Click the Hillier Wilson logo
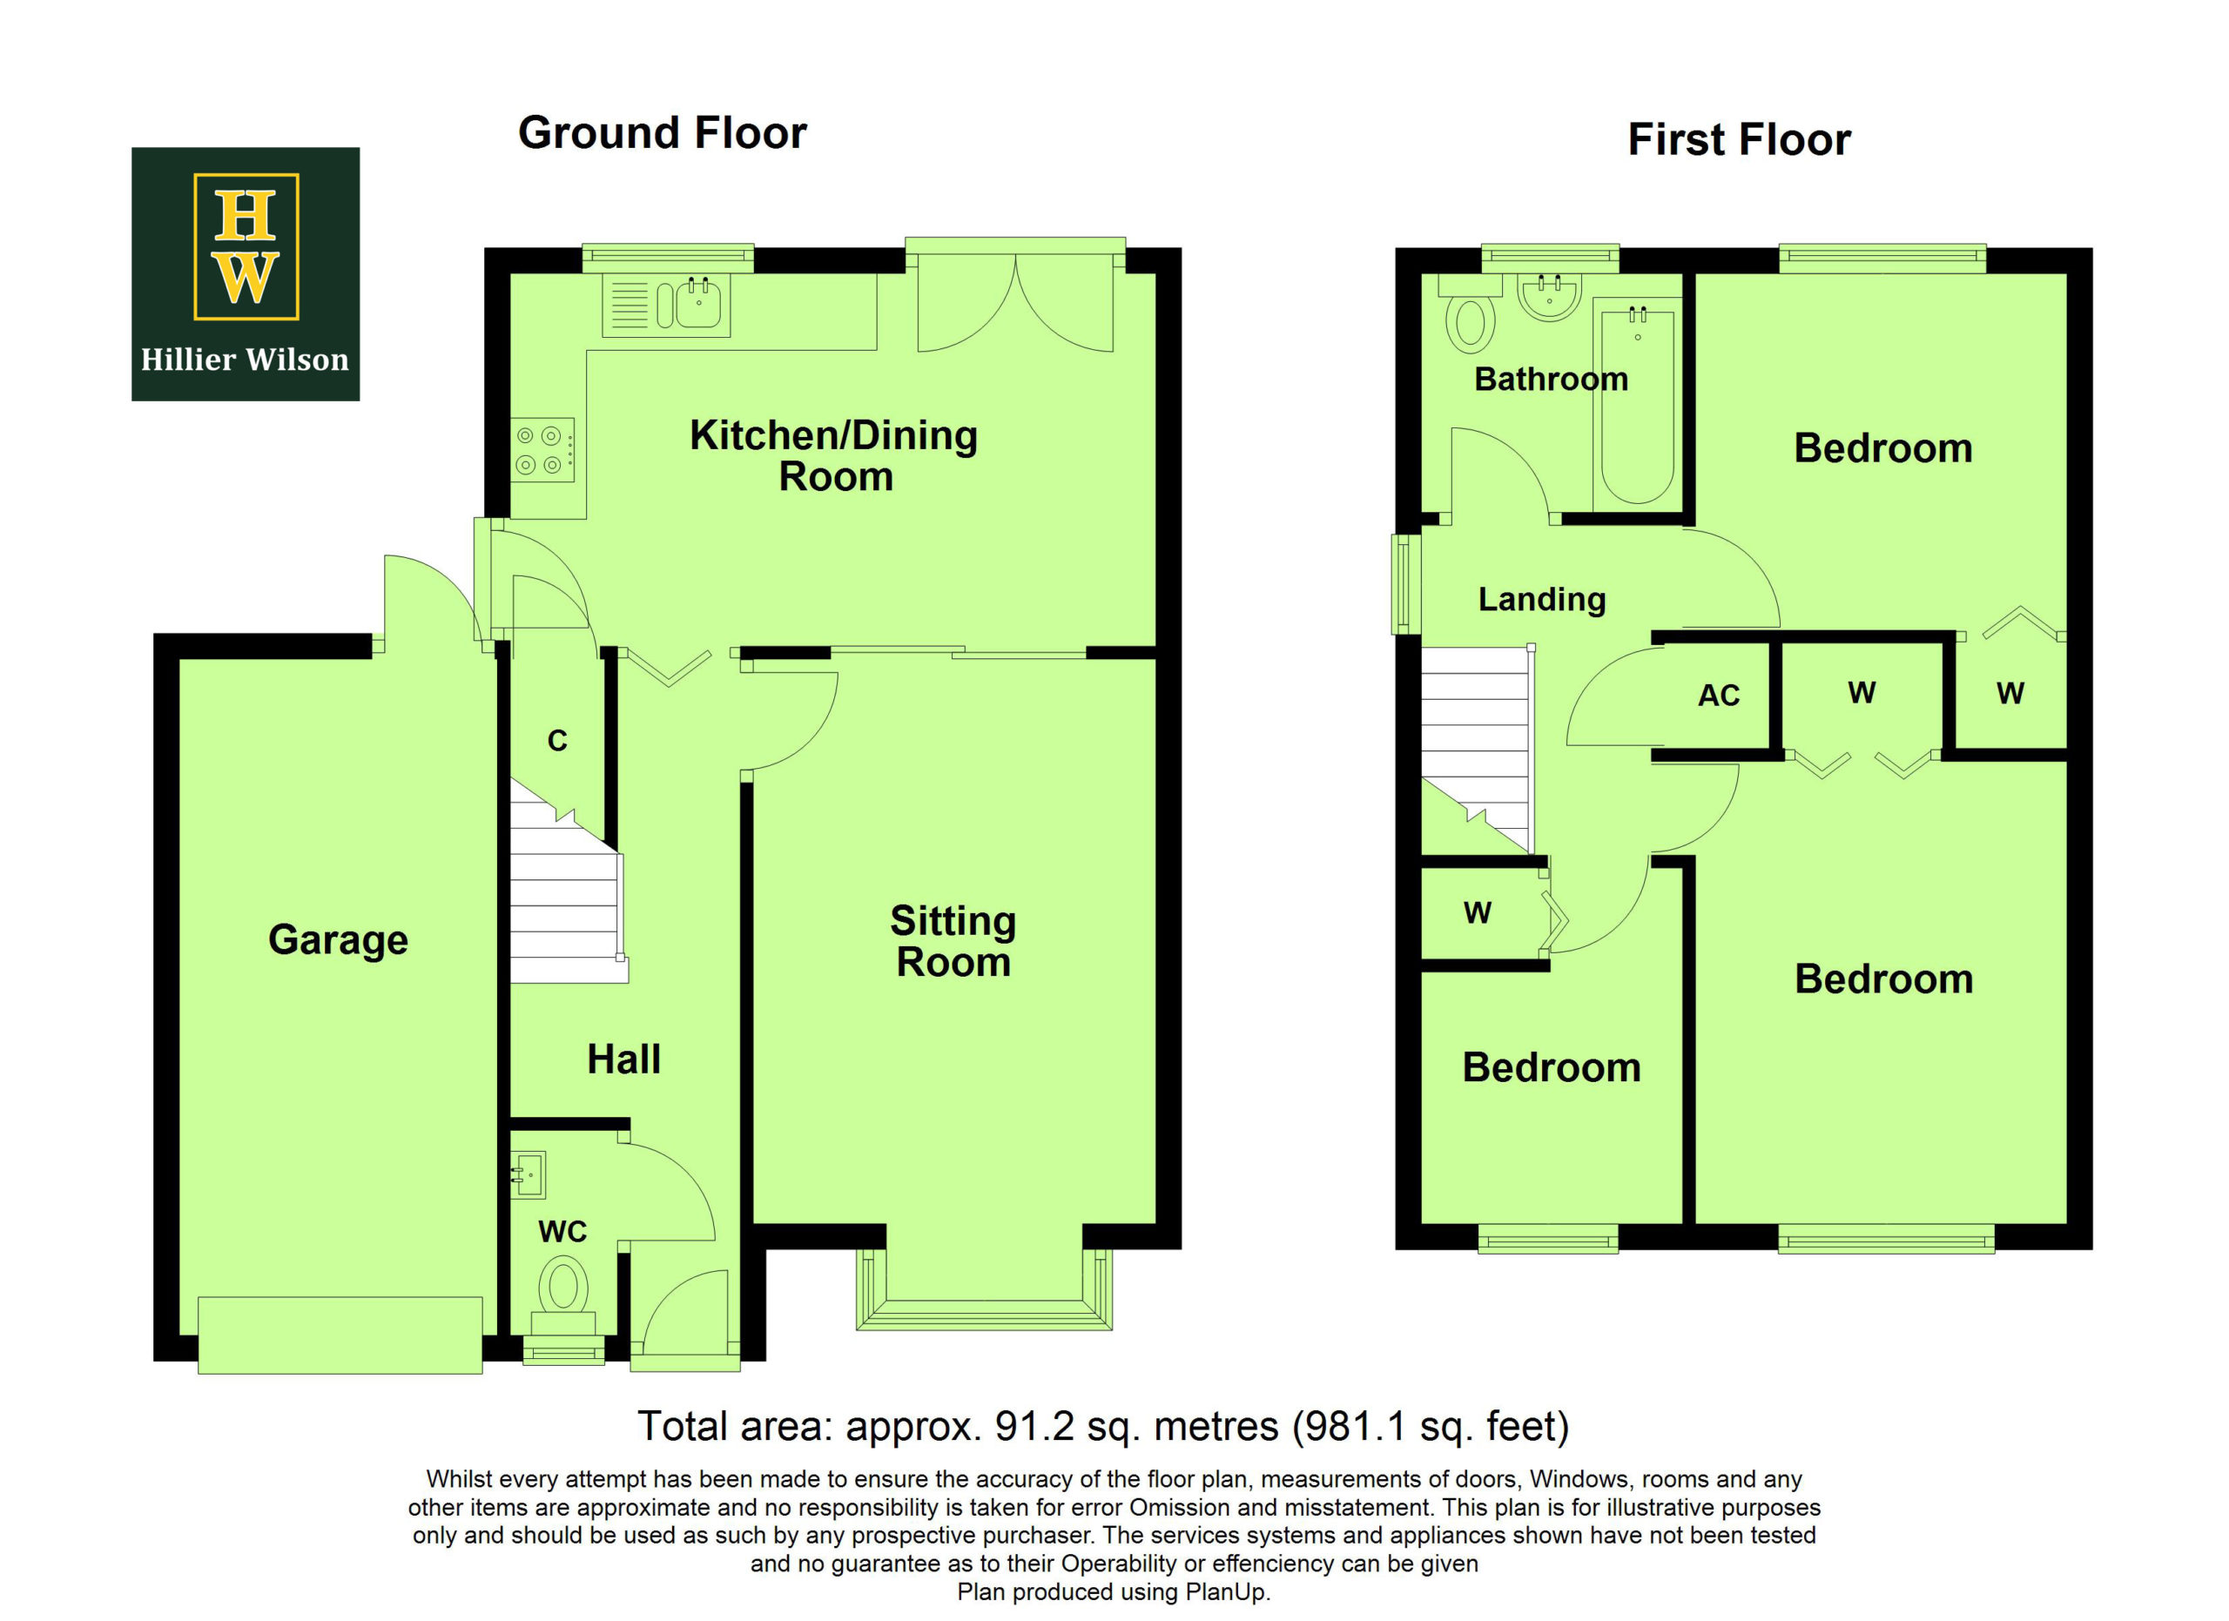[246, 274]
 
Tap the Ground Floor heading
[663, 132]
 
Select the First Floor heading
[1740, 139]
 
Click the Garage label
[338, 940]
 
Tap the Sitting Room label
[953, 941]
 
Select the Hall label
[624, 1059]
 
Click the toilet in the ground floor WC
[563, 1297]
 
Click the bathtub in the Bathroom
[1637, 406]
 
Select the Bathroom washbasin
[1550, 297]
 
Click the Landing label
[1542, 599]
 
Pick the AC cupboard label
[1719, 696]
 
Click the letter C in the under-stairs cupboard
[557, 741]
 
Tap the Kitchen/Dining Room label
[834, 456]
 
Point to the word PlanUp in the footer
[1226, 1592]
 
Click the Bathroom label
[1551, 380]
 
